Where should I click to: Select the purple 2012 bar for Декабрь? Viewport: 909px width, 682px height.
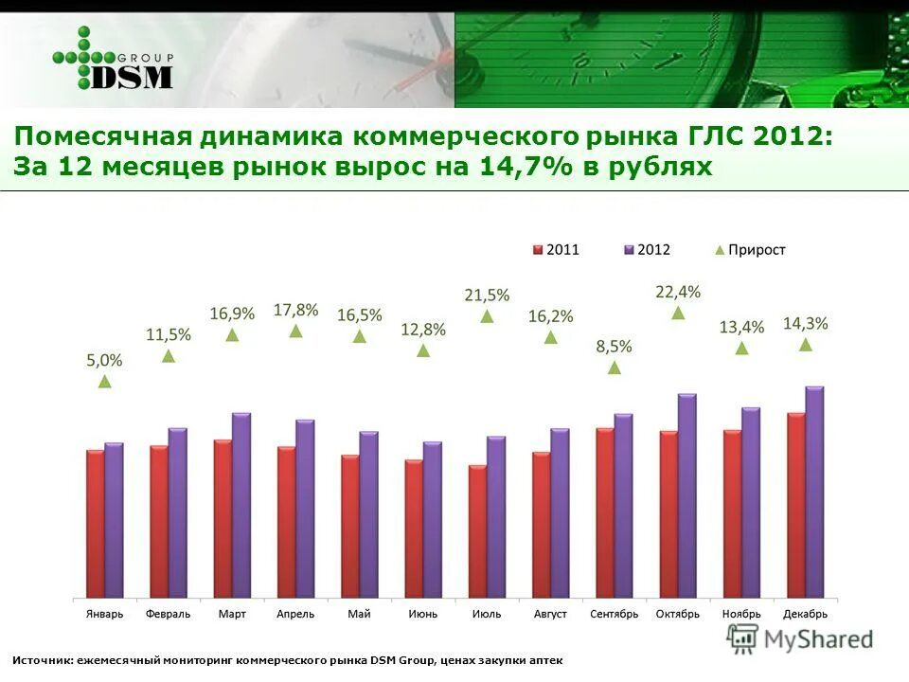(814, 493)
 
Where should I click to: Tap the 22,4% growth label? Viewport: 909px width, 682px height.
(678, 292)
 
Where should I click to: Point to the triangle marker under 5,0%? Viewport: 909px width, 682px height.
(105, 381)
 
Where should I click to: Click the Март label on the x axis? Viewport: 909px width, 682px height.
(232, 614)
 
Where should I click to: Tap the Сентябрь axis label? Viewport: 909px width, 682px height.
(615, 614)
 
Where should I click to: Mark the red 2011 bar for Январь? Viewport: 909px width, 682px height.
(95, 524)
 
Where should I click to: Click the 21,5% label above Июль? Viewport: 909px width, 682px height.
(487, 296)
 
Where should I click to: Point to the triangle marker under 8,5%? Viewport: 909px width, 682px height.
(615, 368)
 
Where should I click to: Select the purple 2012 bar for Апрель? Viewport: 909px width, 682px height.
(305, 509)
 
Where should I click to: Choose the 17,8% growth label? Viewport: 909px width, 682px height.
(295, 310)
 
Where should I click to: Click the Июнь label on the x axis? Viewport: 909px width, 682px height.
(423, 614)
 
